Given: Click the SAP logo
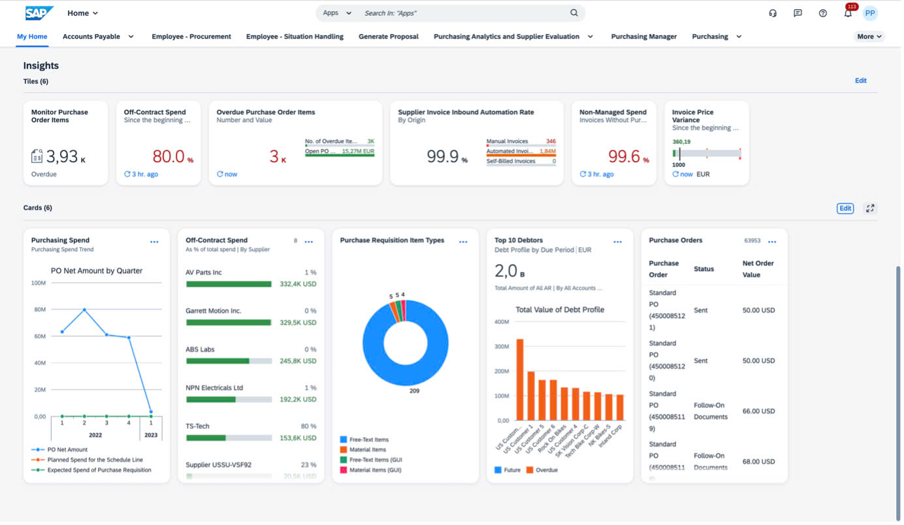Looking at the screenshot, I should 39,13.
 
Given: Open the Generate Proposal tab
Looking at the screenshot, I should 389,37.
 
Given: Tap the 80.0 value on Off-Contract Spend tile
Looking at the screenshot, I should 169,157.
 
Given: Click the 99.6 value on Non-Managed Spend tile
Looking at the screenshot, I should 624,157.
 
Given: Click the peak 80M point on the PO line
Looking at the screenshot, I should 84,310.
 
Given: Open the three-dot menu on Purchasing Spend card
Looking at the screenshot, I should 155,243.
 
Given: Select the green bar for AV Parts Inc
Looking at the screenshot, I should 229,284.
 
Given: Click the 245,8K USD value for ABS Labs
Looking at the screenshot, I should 298,362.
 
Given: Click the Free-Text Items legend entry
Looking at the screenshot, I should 368,440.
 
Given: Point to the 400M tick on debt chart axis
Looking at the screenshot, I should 502,322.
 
